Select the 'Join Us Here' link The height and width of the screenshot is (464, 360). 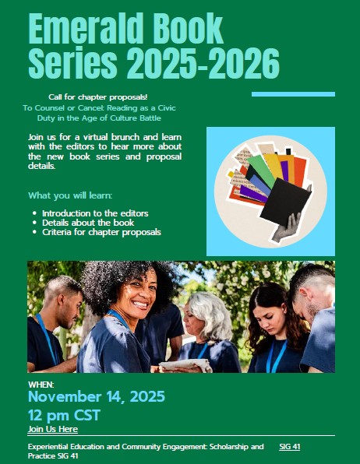[x=52, y=429]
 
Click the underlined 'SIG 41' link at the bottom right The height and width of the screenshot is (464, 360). [x=289, y=447]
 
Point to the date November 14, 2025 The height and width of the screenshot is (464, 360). [x=96, y=396]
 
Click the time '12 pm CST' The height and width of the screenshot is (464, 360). [x=64, y=414]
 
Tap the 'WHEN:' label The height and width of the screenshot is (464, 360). [x=41, y=385]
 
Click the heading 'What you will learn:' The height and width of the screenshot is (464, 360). [x=70, y=195]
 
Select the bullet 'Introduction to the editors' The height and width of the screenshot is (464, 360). [x=95, y=213]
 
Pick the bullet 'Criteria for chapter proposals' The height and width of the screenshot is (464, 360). [x=101, y=232]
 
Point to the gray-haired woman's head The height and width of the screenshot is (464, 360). [x=208, y=310]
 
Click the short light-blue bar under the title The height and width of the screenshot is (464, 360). [x=293, y=94]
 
